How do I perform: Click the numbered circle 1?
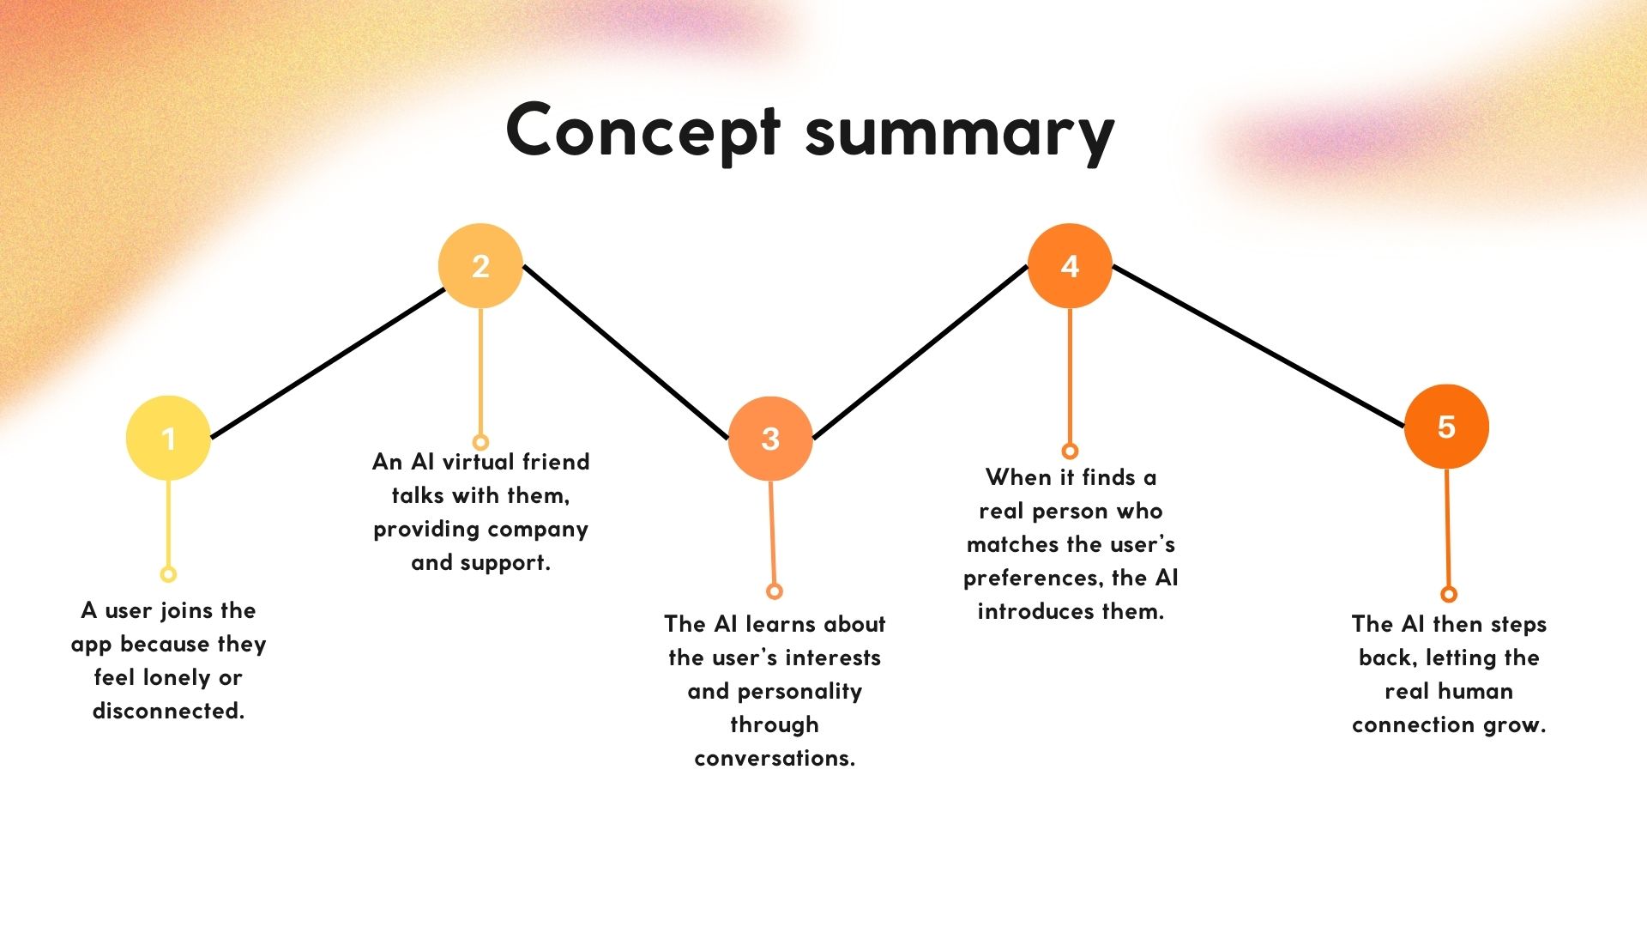[x=168, y=438]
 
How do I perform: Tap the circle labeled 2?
[x=480, y=266]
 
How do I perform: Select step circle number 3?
[x=770, y=439]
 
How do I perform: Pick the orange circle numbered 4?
[x=1070, y=266]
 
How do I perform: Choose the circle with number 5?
[x=1446, y=427]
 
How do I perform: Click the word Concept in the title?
[x=643, y=131]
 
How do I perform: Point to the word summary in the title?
[x=960, y=135]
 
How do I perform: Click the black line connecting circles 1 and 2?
[x=327, y=363]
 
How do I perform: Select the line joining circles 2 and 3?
[x=625, y=353]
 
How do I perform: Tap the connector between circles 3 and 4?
[x=920, y=353]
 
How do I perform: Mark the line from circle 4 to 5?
[x=1258, y=347]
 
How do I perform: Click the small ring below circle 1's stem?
[x=168, y=574]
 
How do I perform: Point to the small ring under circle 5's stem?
[x=1449, y=594]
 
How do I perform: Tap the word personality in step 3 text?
[x=799, y=692]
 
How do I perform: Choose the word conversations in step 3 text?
[x=775, y=759]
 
